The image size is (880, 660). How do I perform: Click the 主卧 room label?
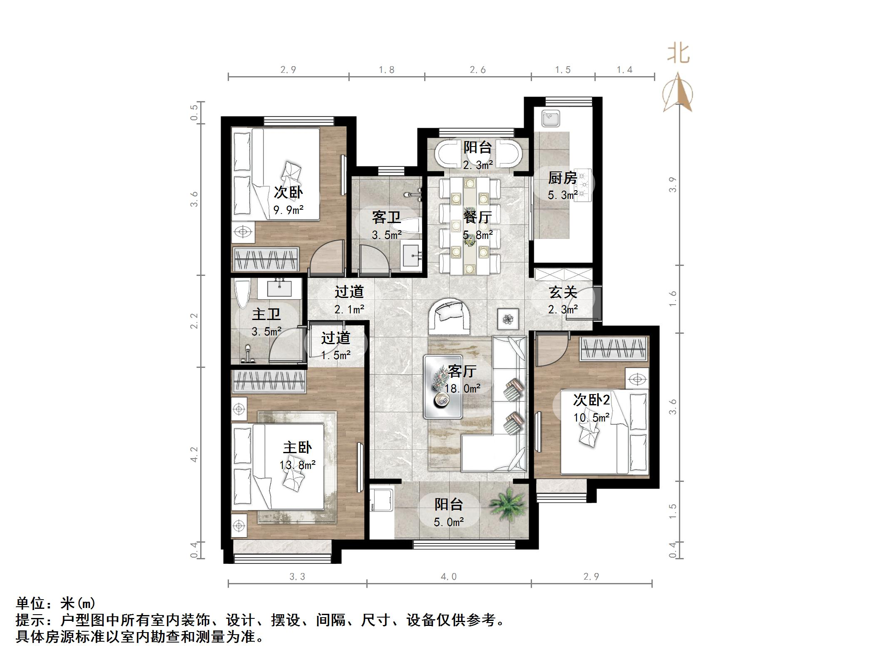[297, 448]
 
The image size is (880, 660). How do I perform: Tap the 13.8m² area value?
[297, 465]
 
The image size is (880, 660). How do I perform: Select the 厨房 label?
[562, 178]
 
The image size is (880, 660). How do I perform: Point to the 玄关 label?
[563, 292]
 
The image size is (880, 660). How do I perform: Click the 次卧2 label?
[592, 400]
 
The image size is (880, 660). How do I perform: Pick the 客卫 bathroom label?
[386, 217]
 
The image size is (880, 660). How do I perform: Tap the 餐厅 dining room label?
[477, 217]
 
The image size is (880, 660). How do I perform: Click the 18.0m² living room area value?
[462, 389]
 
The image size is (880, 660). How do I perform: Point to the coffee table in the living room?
[443, 386]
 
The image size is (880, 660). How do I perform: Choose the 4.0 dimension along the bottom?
[449, 576]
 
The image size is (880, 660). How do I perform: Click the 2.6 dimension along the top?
[478, 70]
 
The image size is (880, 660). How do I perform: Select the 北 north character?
[679, 54]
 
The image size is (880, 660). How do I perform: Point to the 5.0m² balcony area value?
[449, 522]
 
